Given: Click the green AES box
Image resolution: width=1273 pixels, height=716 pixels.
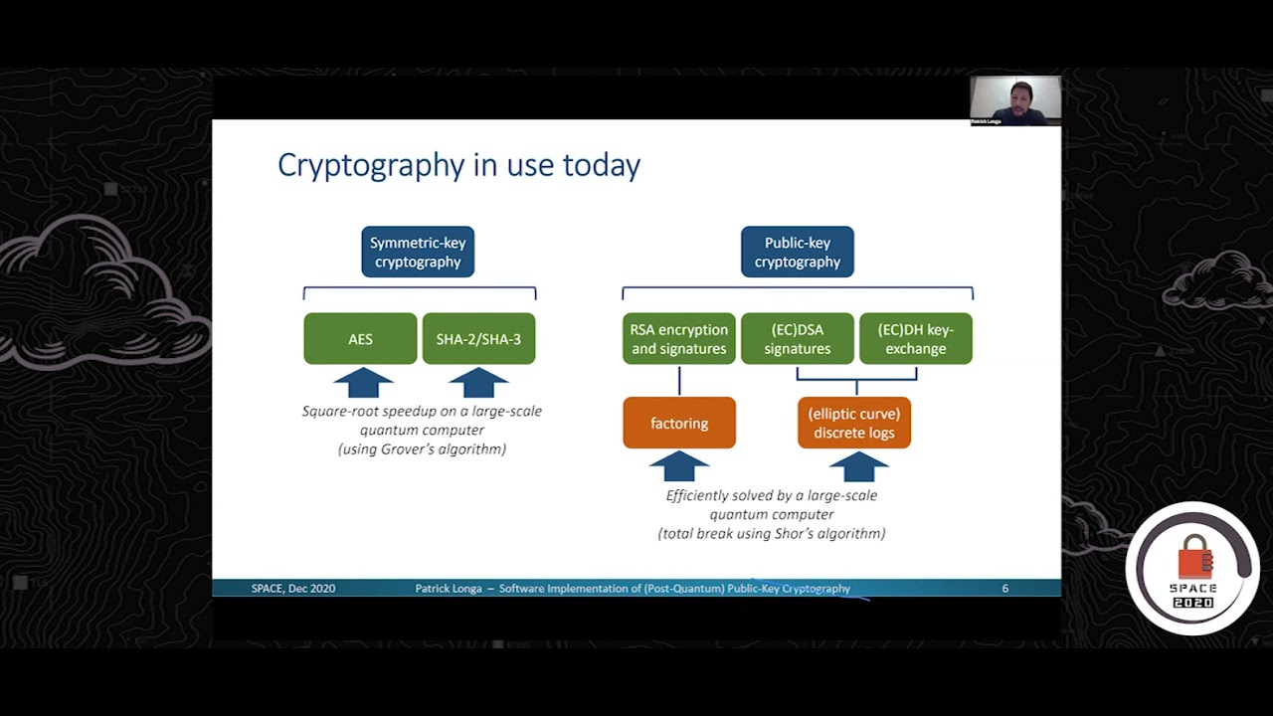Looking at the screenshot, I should [360, 339].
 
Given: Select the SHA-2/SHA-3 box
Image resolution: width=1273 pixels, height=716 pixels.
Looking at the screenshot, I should [478, 339].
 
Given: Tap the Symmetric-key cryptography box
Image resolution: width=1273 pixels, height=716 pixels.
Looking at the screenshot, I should [418, 252].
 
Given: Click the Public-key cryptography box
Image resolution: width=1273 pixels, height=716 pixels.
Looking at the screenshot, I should [797, 252].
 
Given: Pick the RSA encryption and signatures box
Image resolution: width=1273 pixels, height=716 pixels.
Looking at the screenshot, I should [679, 339].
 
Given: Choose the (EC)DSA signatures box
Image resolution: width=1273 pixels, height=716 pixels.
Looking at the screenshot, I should [797, 339].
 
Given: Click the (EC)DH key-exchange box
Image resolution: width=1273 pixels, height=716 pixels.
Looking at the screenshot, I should [915, 339].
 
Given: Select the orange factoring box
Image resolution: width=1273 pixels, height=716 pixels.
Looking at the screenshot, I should [679, 423].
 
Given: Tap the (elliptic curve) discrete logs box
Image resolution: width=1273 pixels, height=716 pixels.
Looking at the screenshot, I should [853, 423].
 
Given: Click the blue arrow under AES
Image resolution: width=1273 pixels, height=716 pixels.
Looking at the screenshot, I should [363, 383].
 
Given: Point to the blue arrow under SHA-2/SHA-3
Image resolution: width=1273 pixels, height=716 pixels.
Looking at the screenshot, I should [478, 383].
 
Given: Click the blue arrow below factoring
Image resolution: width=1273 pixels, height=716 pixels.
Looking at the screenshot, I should [679, 466].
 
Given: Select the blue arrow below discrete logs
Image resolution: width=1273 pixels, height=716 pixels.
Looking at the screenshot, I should [858, 466].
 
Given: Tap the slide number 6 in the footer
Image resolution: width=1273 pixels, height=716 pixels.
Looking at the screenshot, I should [1004, 589].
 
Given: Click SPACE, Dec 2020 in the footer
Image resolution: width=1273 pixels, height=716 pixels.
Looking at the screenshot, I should [292, 589].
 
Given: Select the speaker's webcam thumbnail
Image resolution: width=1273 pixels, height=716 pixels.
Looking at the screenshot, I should [1015, 100].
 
